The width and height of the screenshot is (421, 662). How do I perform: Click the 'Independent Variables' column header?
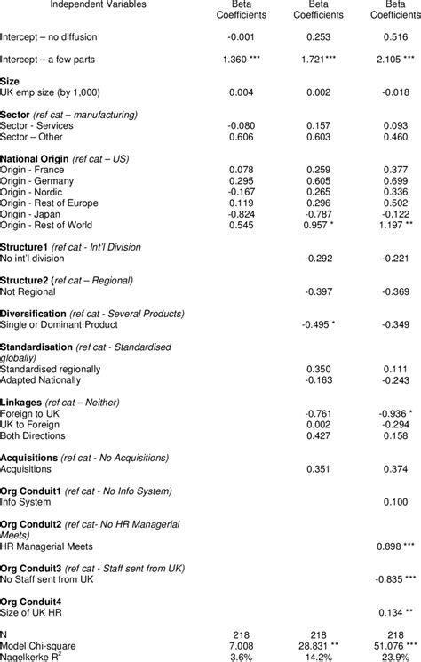85,5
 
